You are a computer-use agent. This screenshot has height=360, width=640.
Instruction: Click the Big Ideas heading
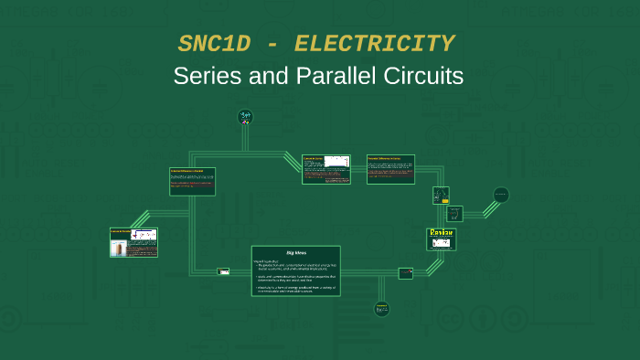click(x=295, y=251)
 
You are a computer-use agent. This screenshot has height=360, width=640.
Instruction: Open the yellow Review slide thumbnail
click(x=441, y=239)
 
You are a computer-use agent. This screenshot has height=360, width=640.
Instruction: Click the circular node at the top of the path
click(x=245, y=116)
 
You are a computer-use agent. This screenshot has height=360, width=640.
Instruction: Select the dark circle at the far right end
click(x=501, y=194)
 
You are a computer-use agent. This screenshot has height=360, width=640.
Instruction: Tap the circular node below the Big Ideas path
click(x=381, y=309)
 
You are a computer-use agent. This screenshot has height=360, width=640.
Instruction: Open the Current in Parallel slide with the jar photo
click(x=133, y=242)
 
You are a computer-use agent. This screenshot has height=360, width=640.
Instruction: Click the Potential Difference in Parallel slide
click(x=192, y=181)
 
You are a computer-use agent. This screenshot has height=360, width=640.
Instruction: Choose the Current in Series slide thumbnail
click(x=326, y=169)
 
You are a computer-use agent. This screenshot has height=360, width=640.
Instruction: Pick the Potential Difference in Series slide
click(x=390, y=169)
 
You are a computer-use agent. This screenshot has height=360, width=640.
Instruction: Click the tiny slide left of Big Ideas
click(x=223, y=271)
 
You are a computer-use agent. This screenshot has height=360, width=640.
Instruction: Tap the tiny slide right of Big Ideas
click(x=405, y=272)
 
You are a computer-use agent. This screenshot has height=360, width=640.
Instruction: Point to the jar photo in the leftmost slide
click(x=120, y=246)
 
